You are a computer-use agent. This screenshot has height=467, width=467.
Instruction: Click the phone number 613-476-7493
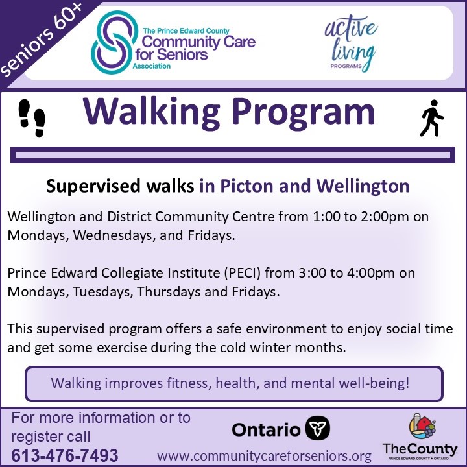[65, 455]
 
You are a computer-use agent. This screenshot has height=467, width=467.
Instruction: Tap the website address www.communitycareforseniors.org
[264, 455]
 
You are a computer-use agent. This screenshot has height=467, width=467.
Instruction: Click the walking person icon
[432, 118]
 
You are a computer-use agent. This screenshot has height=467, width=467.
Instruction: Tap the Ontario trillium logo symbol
[318, 428]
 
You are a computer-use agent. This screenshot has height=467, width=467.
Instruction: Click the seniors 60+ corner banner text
[40, 40]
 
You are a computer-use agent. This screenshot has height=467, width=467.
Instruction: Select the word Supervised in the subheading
[88, 187]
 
